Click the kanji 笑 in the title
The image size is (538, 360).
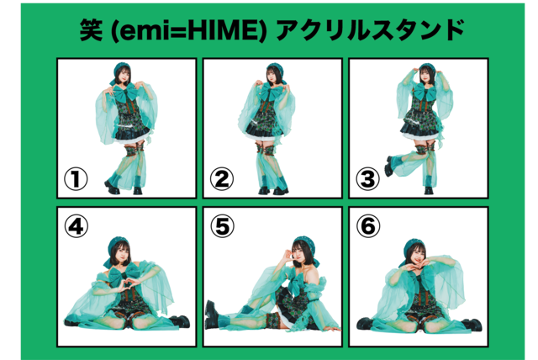click(91, 29)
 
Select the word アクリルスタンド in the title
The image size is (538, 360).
click(370, 30)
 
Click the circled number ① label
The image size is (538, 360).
click(76, 179)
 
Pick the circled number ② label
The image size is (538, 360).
click(222, 179)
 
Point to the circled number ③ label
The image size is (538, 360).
click(368, 179)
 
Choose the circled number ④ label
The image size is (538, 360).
click(76, 226)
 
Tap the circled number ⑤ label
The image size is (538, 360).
click(222, 226)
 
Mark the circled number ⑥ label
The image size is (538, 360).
click(368, 226)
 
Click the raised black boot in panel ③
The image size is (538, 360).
click(390, 167)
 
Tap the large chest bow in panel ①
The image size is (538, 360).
click(125, 92)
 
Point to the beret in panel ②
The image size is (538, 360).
click(275, 69)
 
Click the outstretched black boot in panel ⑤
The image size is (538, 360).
click(211, 315)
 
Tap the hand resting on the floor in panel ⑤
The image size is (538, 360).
click(331, 329)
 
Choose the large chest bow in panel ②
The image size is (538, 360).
click(271, 92)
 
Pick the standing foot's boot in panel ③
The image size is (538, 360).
click(429, 190)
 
